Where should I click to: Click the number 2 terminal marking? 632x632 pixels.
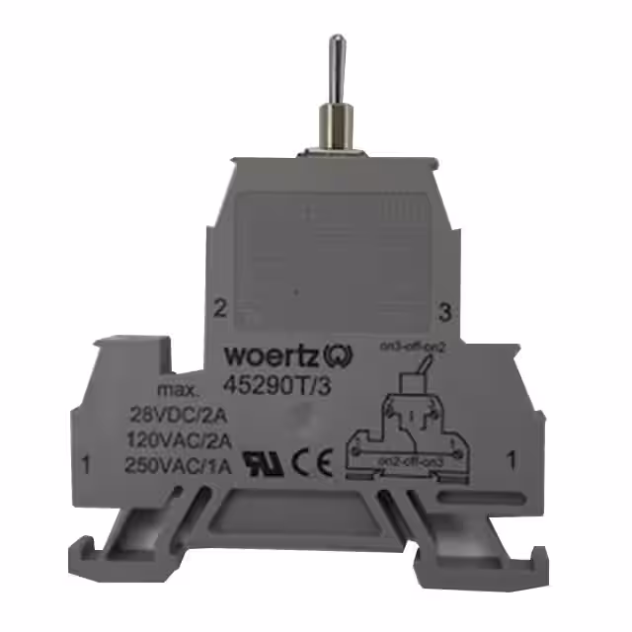click(219, 307)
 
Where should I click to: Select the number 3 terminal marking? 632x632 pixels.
click(444, 313)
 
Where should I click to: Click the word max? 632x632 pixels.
click(178, 390)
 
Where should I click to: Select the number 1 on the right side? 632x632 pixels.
click(512, 457)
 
